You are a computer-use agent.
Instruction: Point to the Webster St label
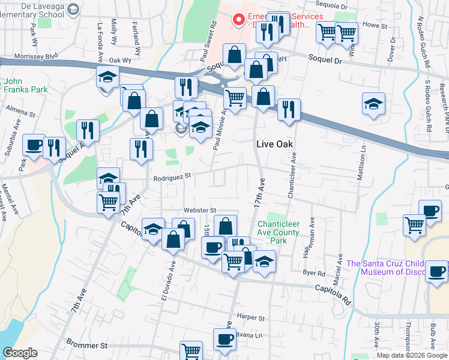[x=200, y=210]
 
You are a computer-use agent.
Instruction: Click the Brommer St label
[x=87, y=346]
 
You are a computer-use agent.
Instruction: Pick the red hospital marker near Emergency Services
[x=239, y=20]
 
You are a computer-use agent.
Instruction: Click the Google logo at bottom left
[x=20, y=353]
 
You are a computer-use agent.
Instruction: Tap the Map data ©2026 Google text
[x=412, y=355]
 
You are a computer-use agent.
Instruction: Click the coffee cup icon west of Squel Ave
[x=34, y=144]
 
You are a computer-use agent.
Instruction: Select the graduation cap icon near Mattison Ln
[x=373, y=103]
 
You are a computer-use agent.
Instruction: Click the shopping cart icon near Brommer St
[x=191, y=350]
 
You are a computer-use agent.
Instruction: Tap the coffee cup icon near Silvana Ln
[x=225, y=338]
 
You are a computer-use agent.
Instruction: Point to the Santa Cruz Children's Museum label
[x=396, y=268]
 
